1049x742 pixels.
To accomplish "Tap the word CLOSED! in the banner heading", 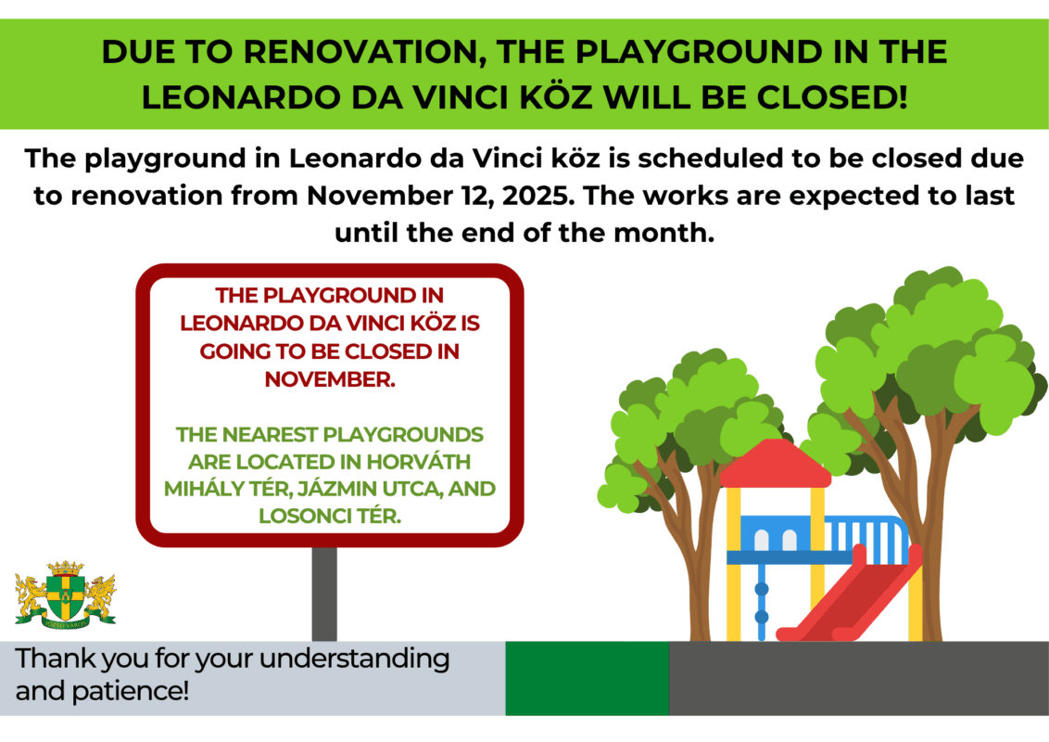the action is coord(832,97).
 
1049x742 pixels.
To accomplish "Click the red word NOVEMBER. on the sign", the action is coord(330,379).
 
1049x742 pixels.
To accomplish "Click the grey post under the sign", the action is coord(324,594).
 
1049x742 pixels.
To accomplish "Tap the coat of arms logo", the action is coord(66,595).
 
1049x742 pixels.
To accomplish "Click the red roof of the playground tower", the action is coord(776,464).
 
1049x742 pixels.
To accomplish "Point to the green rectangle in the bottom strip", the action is coord(588,678).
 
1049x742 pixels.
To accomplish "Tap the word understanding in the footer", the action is coord(355,659).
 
